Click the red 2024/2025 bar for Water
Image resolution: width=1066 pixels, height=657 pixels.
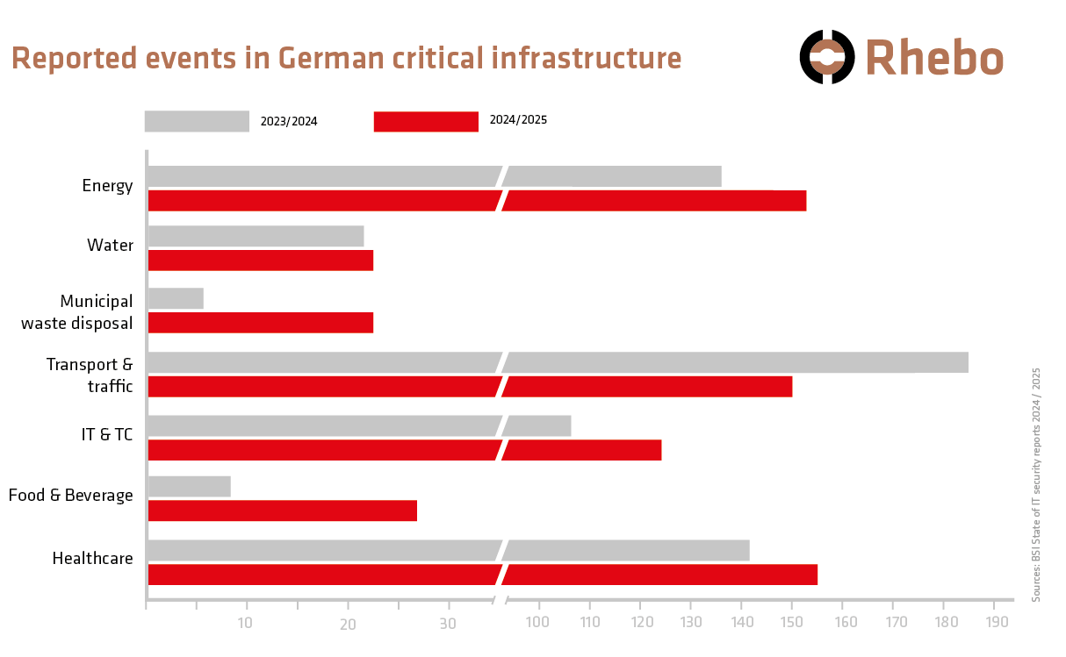(261, 261)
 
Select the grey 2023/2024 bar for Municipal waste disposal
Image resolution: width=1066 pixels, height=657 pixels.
(176, 298)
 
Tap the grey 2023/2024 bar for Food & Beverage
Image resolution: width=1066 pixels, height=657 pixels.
(190, 486)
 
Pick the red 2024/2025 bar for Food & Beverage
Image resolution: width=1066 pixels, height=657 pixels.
(283, 511)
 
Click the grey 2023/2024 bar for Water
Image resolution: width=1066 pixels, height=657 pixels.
(256, 236)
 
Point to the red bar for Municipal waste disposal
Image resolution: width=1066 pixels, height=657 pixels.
(261, 323)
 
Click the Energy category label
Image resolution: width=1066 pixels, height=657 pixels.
(107, 186)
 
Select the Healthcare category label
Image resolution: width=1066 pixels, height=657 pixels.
(92, 559)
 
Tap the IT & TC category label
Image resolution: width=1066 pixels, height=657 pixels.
(106, 433)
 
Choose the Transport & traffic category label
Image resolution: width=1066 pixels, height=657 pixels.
(90, 375)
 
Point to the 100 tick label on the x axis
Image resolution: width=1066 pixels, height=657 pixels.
(538, 623)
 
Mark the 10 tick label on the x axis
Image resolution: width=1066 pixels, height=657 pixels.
(245, 624)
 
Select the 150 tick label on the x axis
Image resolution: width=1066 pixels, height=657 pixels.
(791, 623)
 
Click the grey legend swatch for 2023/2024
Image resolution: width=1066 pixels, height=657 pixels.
(197, 121)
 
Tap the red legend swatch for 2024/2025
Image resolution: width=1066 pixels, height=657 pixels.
(426, 121)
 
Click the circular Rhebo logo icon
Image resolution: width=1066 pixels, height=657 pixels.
(826, 57)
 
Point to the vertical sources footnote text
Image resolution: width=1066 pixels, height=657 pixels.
(1036, 484)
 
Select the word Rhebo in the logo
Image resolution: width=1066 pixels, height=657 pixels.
(934, 58)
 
